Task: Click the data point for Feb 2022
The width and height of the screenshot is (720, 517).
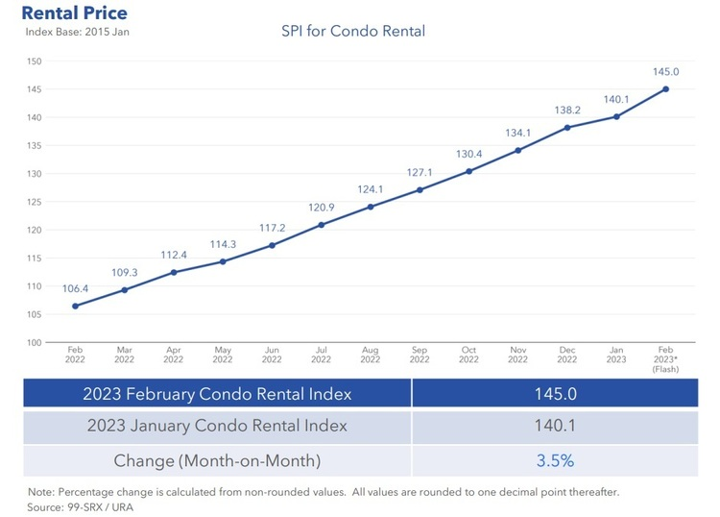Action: tap(75, 307)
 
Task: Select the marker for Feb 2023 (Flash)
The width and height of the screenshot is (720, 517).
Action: tap(666, 89)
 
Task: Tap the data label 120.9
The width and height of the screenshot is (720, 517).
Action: tap(322, 208)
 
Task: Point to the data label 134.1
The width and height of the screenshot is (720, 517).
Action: tap(518, 133)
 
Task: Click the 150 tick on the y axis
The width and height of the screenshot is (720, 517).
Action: tap(35, 62)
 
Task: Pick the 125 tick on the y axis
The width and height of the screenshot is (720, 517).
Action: tap(35, 202)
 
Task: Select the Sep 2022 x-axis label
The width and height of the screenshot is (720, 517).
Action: tap(420, 355)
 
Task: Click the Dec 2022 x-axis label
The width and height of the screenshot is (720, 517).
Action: tap(567, 355)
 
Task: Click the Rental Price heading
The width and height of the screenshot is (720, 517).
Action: tap(74, 13)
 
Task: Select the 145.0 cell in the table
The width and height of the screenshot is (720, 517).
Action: tap(555, 394)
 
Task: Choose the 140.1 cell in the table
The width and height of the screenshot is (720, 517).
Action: tap(555, 427)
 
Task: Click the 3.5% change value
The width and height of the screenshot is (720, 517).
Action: tap(555, 460)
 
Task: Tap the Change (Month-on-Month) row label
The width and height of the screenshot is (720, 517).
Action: tap(217, 460)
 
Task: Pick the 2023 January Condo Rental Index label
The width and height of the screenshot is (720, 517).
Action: tap(217, 427)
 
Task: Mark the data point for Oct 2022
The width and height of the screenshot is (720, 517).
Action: tap(469, 171)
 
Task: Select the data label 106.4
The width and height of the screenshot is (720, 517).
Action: tap(75, 288)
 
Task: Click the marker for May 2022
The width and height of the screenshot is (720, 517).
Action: tap(223, 261)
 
